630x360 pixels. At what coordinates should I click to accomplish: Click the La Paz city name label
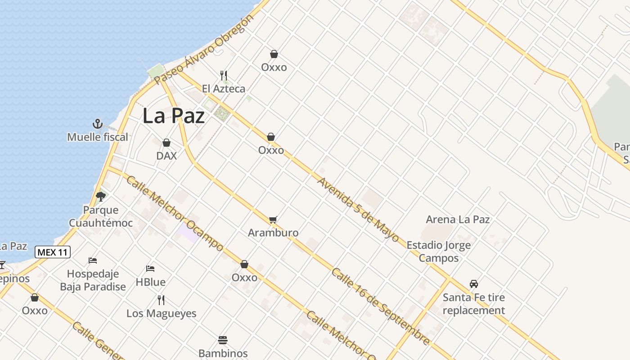click(x=174, y=116)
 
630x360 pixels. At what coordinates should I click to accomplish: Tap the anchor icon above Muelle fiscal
click(x=98, y=124)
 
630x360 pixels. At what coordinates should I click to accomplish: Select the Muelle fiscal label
click(x=98, y=137)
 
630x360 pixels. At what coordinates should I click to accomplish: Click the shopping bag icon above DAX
click(x=166, y=143)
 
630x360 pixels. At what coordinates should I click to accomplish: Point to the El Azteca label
click(x=224, y=89)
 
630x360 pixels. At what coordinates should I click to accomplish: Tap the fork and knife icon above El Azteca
click(x=224, y=75)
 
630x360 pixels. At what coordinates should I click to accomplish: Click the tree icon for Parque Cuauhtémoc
click(x=101, y=196)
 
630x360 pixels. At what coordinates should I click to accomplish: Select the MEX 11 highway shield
click(x=53, y=252)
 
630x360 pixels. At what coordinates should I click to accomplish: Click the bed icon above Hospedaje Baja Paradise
click(x=93, y=261)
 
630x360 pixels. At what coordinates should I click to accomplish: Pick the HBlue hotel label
click(x=150, y=282)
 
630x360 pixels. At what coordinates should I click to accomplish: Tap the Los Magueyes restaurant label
click(x=161, y=313)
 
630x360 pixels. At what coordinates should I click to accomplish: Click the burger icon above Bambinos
click(x=223, y=340)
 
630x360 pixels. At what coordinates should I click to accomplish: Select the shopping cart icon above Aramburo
click(x=273, y=220)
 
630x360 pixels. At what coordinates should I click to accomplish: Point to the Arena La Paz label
click(x=458, y=220)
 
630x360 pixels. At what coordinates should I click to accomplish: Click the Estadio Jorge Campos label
click(x=438, y=252)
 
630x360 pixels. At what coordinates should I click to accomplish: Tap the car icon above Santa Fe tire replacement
click(x=474, y=284)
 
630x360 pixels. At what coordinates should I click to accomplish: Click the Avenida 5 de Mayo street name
click(x=358, y=210)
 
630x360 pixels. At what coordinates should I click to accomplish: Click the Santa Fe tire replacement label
click(x=474, y=304)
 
